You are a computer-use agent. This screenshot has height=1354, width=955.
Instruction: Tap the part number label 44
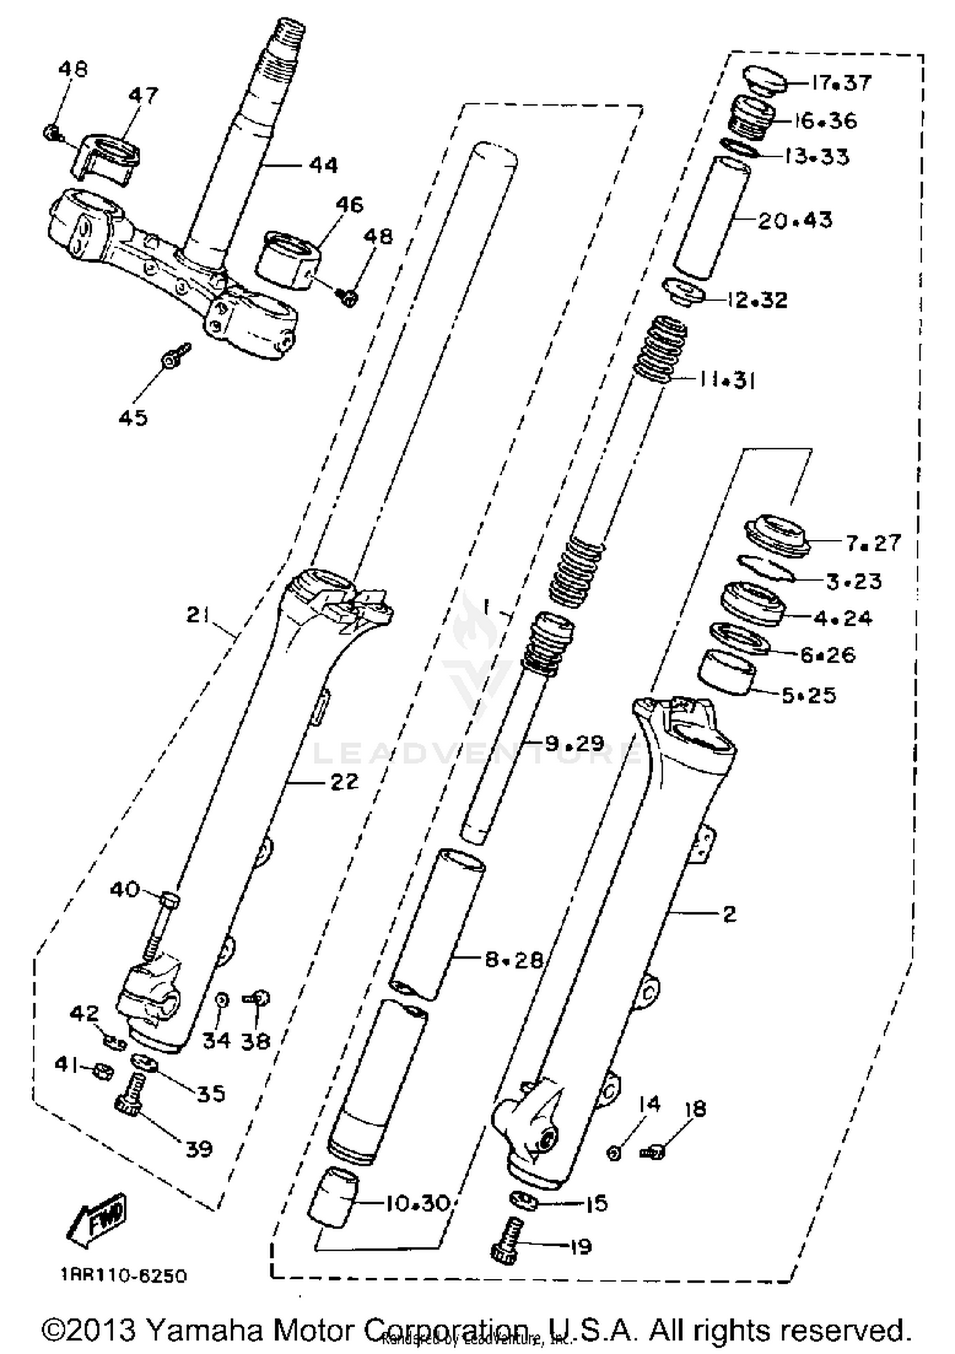click(323, 166)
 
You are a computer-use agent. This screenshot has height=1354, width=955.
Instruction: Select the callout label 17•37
click(841, 83)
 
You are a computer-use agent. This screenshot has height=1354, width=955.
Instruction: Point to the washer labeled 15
click(524, 1199)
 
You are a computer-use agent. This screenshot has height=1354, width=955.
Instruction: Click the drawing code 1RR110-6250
click(124, 1275)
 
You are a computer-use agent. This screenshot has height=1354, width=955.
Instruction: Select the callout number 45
click(133, 418)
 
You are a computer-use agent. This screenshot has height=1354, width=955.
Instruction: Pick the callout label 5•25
click(809, 695)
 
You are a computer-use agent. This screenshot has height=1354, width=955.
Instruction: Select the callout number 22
click(344, 781)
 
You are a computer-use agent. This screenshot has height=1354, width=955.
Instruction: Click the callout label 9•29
click(574, 743)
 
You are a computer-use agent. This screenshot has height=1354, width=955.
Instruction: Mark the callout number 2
click(730, 914)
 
